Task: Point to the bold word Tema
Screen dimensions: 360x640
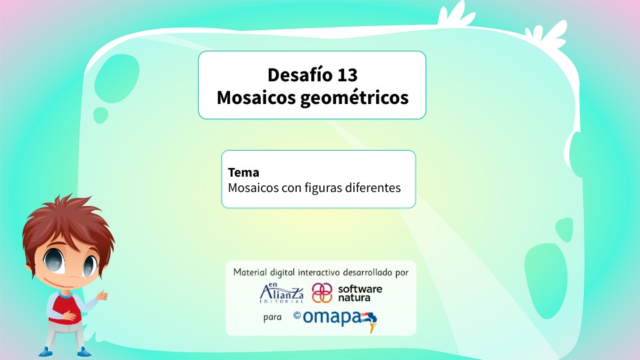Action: (x=243, y=173)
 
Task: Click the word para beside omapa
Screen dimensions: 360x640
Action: (x=273, y=318)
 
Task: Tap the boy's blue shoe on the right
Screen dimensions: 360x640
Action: (x=83, y=351)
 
